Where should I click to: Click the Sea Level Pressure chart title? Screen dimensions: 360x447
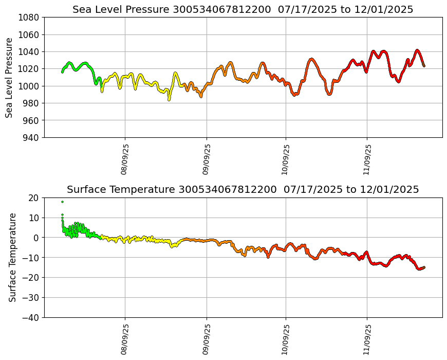[243, 10]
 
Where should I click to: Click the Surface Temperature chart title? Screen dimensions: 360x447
[243, 190]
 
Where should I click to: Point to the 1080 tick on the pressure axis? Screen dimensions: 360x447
[29, 17]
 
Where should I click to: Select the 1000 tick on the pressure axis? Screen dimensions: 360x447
[29, 86]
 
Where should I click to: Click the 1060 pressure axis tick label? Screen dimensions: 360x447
[29, 34]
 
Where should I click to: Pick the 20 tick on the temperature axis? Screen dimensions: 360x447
[34, 197]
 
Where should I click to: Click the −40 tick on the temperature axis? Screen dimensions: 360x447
[31, 317]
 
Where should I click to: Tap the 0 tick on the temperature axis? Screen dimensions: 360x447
[36, 238]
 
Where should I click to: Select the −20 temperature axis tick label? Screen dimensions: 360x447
[31, 278]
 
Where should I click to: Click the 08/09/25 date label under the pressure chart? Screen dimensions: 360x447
[125, 159]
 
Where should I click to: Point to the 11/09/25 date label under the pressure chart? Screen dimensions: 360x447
[367, 159]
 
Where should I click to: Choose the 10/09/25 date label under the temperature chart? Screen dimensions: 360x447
[286, 339]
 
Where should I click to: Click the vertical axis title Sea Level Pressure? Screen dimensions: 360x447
[10, 77]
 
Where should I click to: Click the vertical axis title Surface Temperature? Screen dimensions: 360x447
[12, 257]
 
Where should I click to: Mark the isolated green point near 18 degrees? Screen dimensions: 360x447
[62, 202]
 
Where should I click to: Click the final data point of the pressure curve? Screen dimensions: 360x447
[424, 66]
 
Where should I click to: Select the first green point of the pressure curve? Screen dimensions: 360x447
[62, 72]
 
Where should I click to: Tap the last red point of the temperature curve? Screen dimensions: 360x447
[424, 267]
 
